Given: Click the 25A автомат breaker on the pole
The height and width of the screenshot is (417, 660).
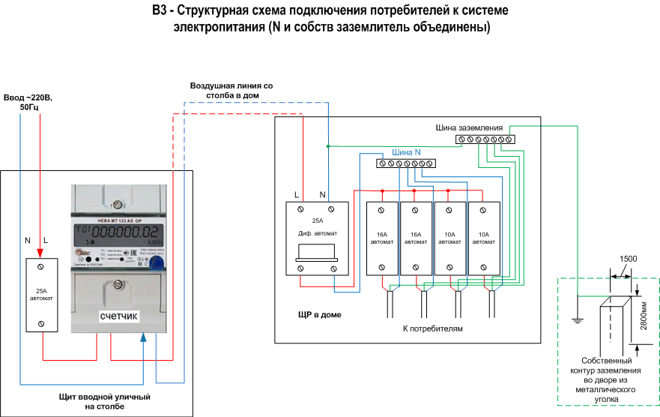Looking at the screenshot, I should (42, 295).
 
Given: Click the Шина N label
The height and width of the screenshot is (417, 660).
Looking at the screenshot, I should (406, 152).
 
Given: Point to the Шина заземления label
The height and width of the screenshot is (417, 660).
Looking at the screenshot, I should (474, 128).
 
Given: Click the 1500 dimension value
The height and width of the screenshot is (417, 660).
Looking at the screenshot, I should (628, 259).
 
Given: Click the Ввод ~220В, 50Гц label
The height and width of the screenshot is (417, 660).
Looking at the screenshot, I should (28, 103).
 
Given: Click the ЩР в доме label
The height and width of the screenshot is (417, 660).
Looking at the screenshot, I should (320, 314).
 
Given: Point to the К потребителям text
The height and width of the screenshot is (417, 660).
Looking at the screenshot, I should (433, 328).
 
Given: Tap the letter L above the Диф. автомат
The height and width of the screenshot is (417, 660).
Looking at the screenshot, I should (297, 195).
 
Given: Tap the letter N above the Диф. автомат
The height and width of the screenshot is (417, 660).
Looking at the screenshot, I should (321, 195).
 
